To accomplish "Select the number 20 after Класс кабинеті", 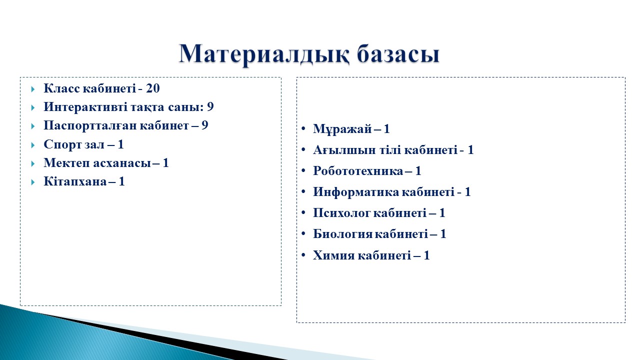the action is pyautogui.click(x=153, y=88).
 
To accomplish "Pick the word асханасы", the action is pyautogui.click(x=121, y=163).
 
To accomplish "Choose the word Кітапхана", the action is pyautogui.click(x=75, y=181).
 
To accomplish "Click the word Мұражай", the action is pyautogui.click(x=342, y=129).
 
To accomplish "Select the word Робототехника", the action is pyautogui.click(x=358, y=171).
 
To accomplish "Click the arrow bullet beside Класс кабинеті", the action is pyautogui.click(x=33, y=89).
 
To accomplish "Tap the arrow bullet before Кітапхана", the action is pyautogui.click(x=33, y=182).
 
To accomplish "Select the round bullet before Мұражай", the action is pyautogui.click(x=303, y=128).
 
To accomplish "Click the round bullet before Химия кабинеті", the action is pyautogui.click(x=303, y=254).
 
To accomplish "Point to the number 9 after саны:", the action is pyautogui.click(x=210, y=107).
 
